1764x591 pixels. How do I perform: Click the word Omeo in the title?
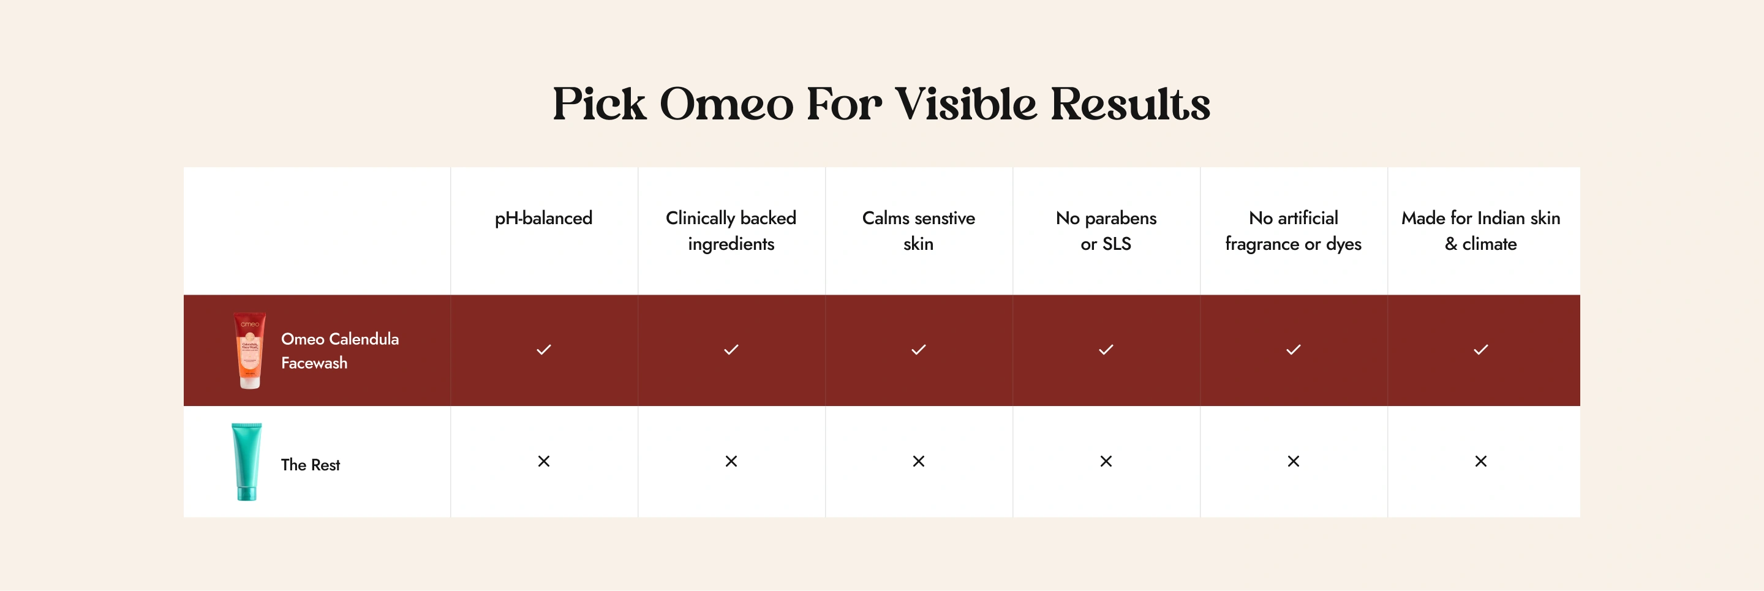726,104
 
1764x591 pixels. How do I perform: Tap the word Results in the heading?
1130,104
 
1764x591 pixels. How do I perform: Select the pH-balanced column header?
544,219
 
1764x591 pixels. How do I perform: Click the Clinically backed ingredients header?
731,231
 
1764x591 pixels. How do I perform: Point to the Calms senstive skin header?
918,231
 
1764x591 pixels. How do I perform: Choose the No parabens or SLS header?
1106,231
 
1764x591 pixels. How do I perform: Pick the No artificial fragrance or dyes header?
1294,231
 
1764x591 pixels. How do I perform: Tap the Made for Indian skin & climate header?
1480,231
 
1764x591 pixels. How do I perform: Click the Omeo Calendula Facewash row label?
340,351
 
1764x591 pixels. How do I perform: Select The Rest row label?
310,464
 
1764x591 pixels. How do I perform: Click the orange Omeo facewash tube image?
249,351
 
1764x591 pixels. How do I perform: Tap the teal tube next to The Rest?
246,462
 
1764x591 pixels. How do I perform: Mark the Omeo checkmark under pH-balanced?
544,350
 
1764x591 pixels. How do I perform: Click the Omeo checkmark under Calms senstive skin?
918,350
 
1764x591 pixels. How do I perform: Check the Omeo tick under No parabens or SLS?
1106,350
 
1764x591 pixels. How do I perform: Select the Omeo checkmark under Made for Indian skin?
1480,350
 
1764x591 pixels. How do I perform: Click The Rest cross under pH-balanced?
544,462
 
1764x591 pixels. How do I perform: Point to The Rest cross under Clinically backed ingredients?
731,462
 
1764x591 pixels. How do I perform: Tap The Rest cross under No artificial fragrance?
1294,462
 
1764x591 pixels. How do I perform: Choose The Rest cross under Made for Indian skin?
1480,462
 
